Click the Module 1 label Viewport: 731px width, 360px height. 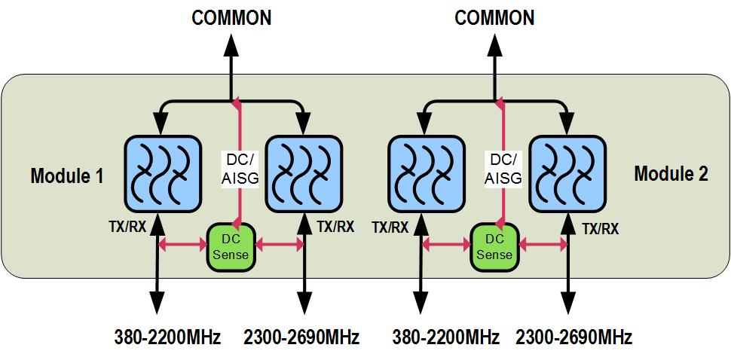[x=66, y=176]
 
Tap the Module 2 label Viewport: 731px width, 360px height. [x=671, y=174]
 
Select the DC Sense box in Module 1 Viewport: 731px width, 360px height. [x=231, y=246]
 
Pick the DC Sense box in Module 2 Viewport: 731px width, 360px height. [x=494, y=246]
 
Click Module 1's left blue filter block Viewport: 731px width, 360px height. [x=161, y=172]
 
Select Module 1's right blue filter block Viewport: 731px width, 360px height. [x=303, y=172]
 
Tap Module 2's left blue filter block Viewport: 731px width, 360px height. [x=425, y=172]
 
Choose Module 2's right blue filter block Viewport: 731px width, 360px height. [x=567, y=172]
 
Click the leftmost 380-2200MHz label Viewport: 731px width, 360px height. [x=167, y=337]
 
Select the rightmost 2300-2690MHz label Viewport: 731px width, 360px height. [x=573, y=337]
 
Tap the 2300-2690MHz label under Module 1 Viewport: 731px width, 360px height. [x=301, y=337]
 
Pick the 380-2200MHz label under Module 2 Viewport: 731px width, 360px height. [x=446, y=337]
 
